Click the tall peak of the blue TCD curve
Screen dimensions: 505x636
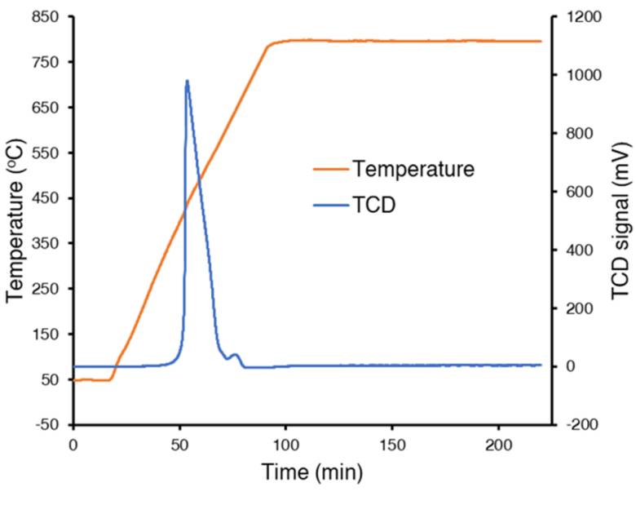[x=187, y=81]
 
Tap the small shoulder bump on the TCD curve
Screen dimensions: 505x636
[x=235, y=354]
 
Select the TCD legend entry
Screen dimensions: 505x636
[x=374, y=205]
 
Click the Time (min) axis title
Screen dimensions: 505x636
[x=312, y=472]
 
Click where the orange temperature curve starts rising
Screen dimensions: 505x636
[x=112, y=379]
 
